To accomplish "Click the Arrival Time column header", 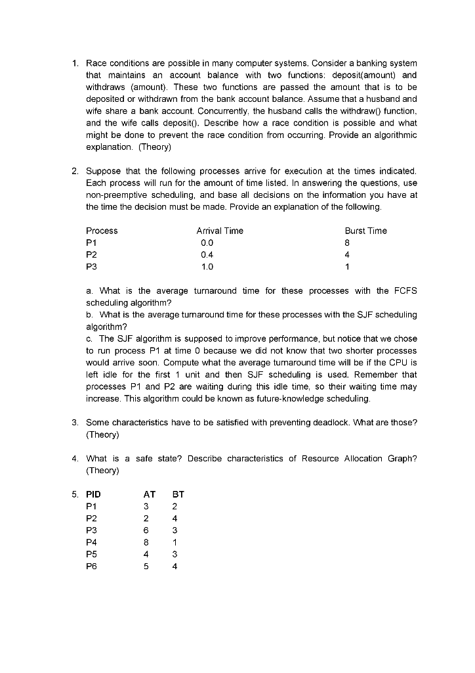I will [x=219, y=231].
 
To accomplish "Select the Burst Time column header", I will [x=365, y=231].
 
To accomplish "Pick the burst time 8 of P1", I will [x=348, y=243].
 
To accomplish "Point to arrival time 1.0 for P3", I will [x=207, y=267].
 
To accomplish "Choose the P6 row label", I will [x=91, y=567].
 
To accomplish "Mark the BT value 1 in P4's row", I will [x=175, y=542].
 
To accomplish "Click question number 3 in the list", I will [x=74, y=423].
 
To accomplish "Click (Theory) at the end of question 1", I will [x=151, y=146].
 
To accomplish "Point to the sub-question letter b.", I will [x=89, y=315].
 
